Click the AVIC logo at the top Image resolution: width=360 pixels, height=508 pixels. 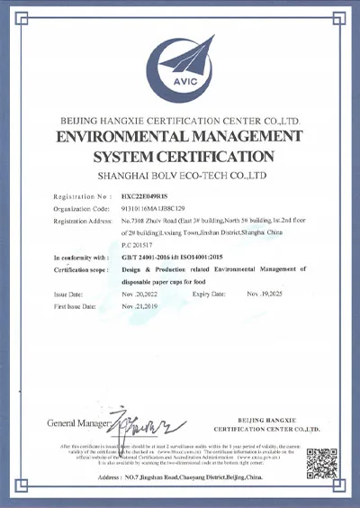(178, 59)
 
